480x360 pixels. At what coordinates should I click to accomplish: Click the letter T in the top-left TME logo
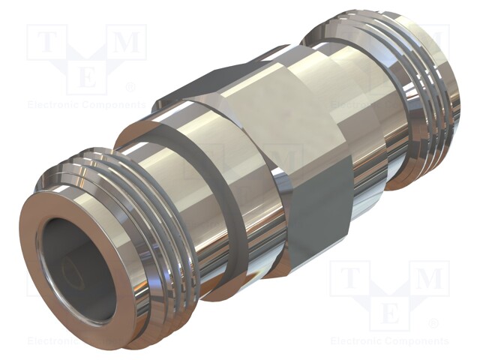[46, 43]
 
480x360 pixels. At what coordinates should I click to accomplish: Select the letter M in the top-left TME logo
[128, 43]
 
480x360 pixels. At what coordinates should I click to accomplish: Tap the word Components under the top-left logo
[112, 105]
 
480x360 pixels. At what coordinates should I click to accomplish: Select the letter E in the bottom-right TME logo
[391, 314]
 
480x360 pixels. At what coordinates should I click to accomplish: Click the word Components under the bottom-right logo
[417, 341]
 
